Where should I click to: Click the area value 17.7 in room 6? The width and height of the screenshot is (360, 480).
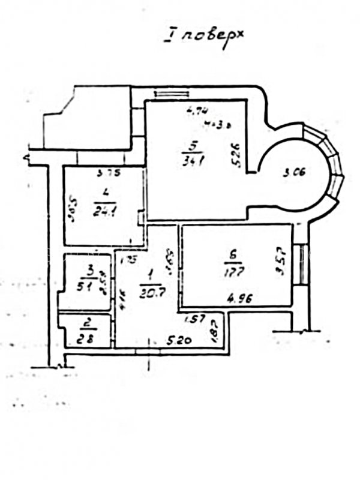[x=234, y=272]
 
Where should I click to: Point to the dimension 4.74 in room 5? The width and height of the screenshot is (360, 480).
[x=197, y=110]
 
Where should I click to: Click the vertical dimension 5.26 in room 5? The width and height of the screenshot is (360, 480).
[x=236, y=155]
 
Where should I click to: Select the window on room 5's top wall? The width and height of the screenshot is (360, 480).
[x=172, y=93]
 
